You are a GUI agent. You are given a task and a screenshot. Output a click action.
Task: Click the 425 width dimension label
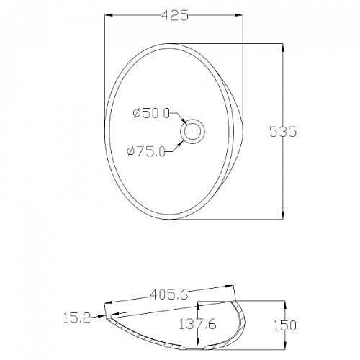pos(174,15)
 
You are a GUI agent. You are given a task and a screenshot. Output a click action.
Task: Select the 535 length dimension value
pos(283,132)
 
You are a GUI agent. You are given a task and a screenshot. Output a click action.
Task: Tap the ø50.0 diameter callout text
pos(151,113)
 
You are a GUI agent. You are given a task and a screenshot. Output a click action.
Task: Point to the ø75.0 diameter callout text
pos(146,151)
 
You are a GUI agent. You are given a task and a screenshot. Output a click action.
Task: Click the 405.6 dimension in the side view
pos(169,294)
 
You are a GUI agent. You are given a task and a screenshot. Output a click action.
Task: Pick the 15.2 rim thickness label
pos(77,318)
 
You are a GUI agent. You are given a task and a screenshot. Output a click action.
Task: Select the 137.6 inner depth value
pos(198,324)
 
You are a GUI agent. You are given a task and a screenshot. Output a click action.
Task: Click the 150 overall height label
pos(285,325)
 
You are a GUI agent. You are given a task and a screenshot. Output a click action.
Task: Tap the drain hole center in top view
pos(192,131)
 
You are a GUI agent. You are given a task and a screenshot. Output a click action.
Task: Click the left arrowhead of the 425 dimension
pos(109,15)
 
